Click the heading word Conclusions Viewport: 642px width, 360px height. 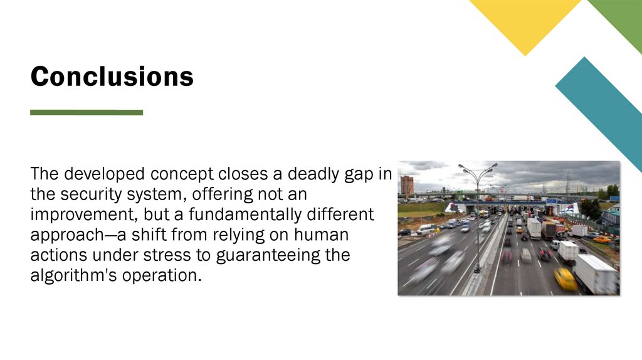coord(112,77)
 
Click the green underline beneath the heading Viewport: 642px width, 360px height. coord(87,113)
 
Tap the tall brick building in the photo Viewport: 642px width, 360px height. coord(407,185)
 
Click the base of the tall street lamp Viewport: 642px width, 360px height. coord(477,270)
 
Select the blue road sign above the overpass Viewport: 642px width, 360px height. coord(551,201)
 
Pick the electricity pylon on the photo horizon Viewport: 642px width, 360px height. coord(568,183)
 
